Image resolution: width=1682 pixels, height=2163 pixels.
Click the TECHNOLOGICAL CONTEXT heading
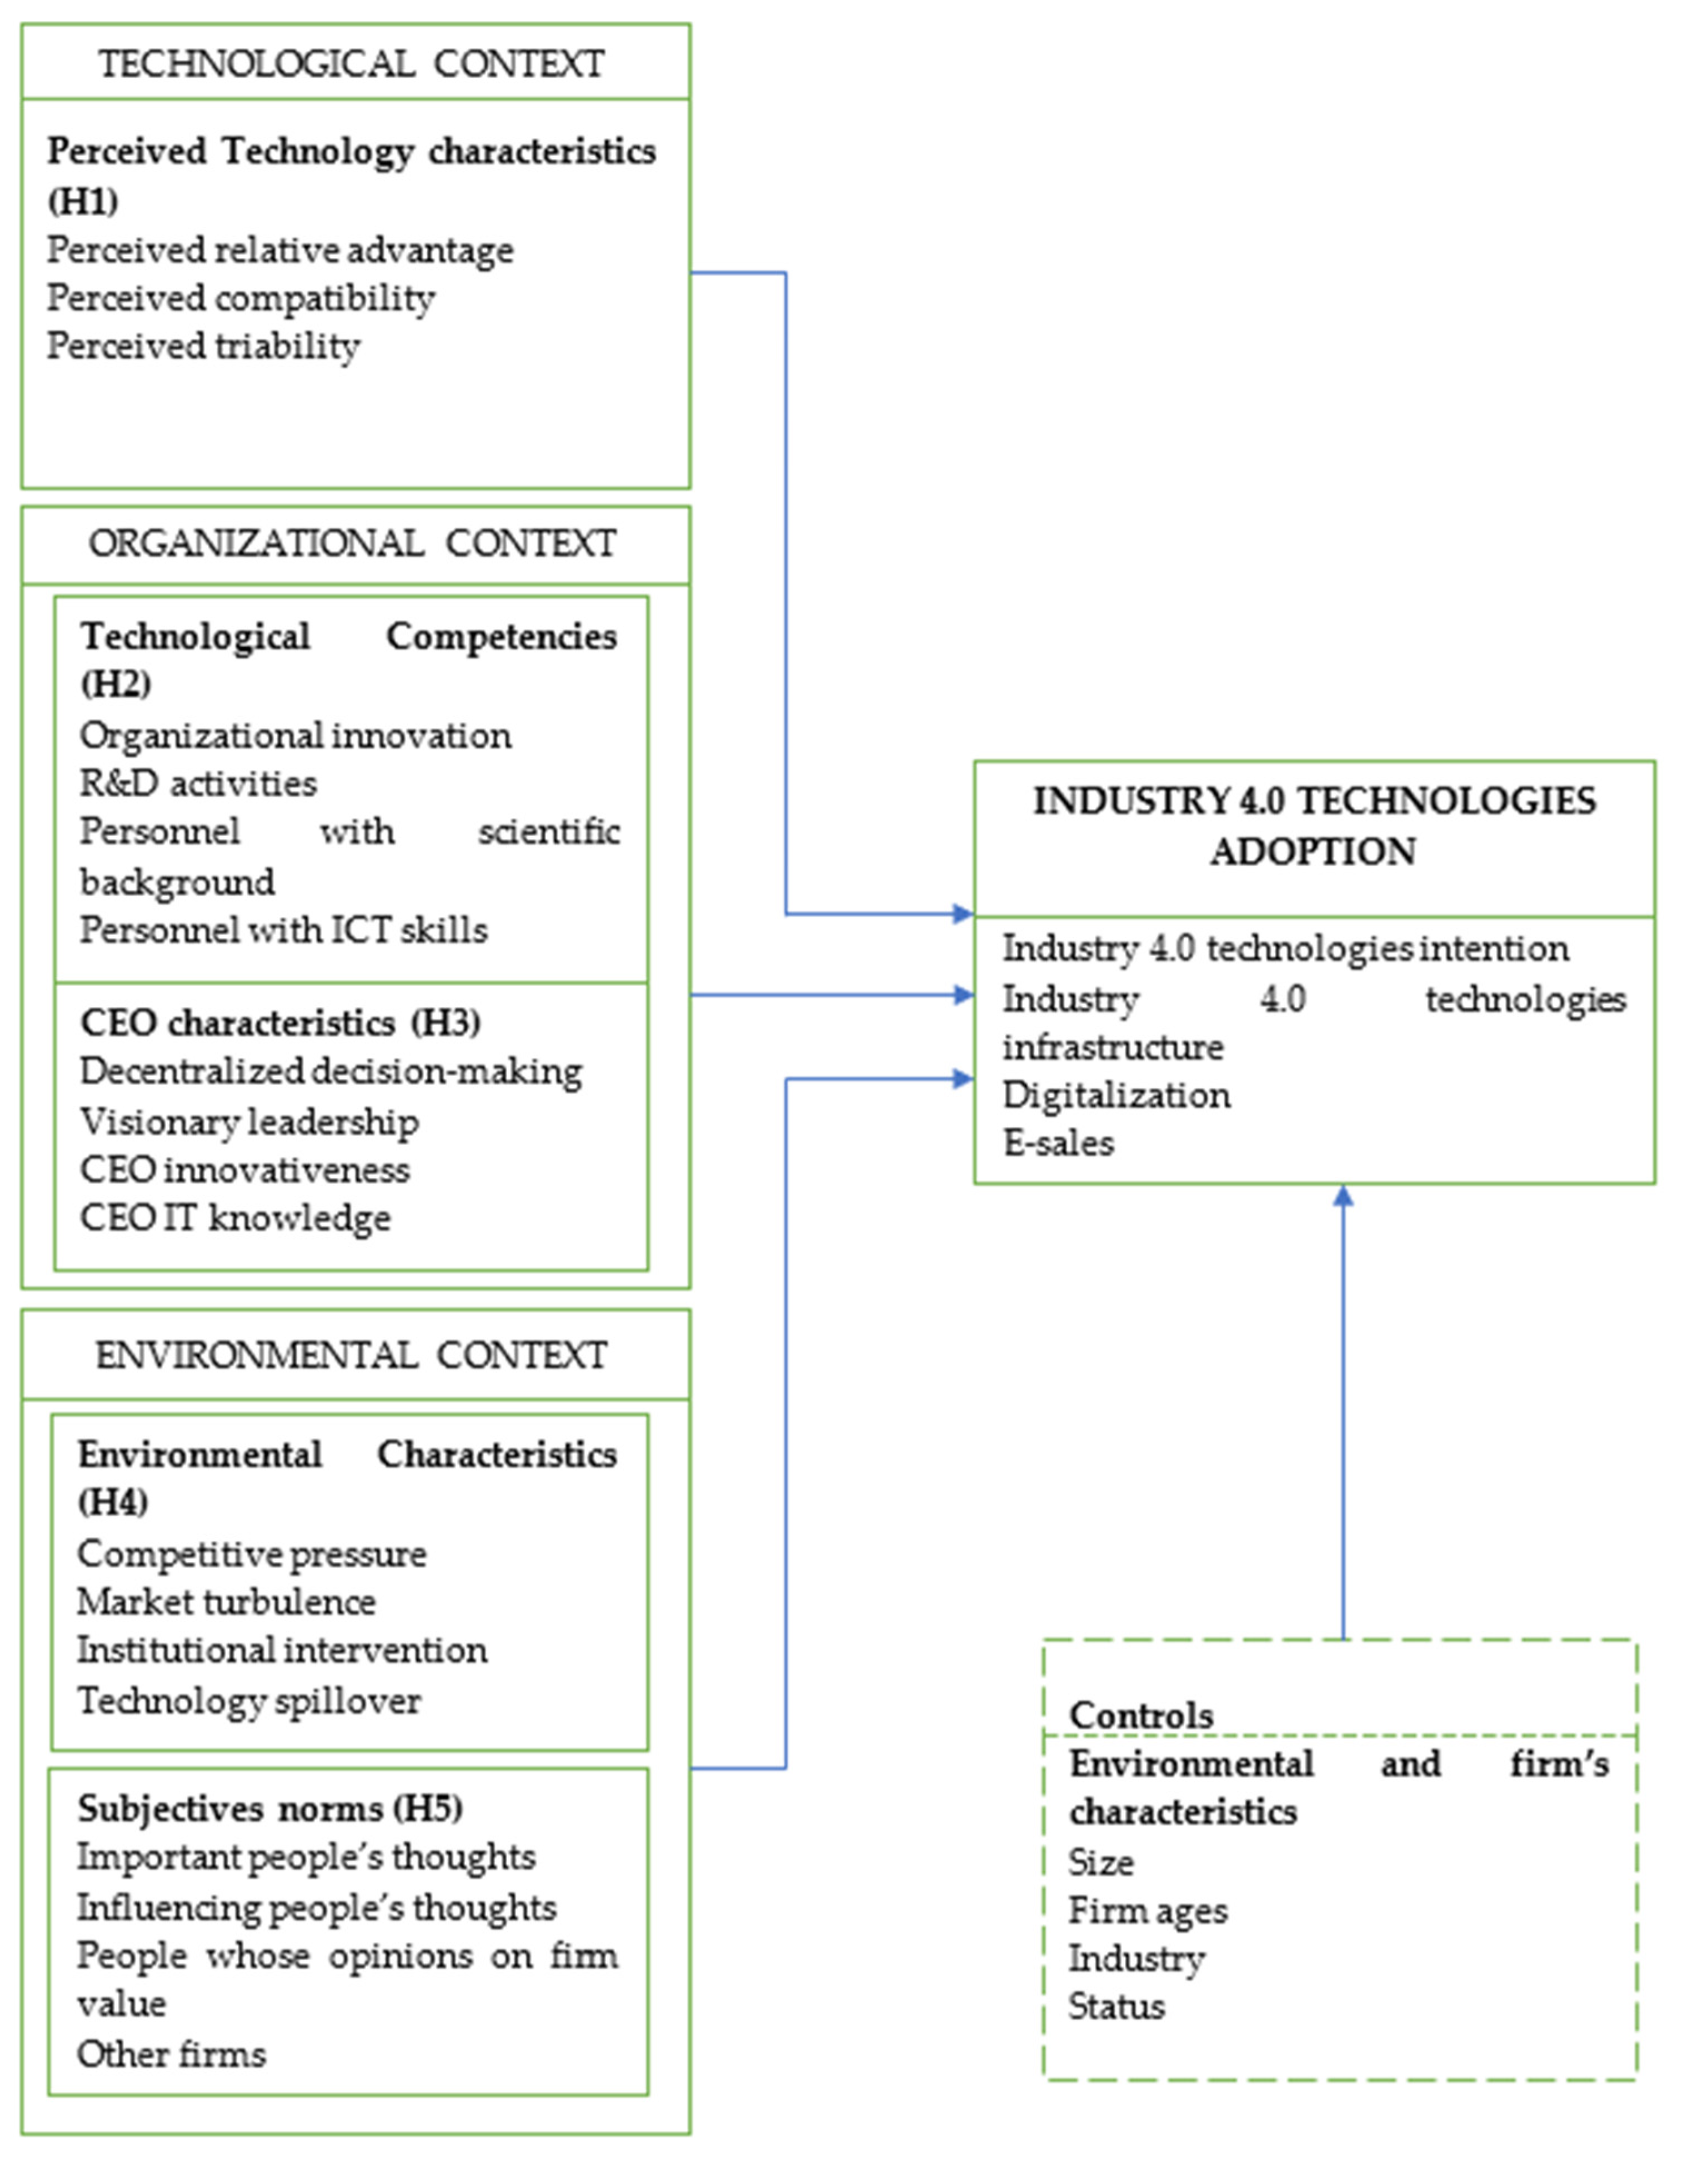point(352,63)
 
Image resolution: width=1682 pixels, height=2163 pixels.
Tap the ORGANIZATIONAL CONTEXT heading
point(352,544)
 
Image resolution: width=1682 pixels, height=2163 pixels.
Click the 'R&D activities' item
point(198,783)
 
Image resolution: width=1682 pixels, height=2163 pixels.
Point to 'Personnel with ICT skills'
point(283,930)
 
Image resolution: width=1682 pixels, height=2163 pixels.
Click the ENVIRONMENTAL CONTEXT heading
point(352,1355)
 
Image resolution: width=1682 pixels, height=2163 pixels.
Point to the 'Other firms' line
point(171,2054)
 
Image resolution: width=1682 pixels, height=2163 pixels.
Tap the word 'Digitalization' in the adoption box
point(1116,1095)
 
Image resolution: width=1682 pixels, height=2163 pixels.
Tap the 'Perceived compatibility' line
point(241,298)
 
